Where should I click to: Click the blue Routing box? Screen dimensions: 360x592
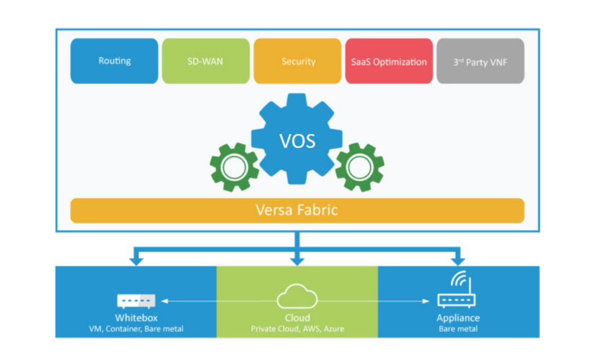[x=114, y=61]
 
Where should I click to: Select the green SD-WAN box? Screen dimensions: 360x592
[x=206, y=61]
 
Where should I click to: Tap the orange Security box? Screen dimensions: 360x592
[x=297, y=61]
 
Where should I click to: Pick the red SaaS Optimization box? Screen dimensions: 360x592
[x=389, y=61]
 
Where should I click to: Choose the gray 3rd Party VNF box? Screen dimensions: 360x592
[x=480, y=61]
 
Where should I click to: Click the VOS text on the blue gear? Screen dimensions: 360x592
[x=298, y=140]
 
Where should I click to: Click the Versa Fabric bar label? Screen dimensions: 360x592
[x=297, y=210]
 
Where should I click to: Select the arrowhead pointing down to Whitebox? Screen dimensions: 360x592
[x=136, y=260]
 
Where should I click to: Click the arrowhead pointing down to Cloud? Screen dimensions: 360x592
[x=297, y=260]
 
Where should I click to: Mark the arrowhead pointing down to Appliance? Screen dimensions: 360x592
[x=458, y=260]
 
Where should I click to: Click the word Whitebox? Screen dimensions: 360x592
[x=135, y=318]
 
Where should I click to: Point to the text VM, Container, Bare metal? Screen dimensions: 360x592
[x=136, y=328]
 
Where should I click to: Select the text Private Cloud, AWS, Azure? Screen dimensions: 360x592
[x=297, y=328]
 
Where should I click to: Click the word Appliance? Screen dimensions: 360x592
[x=458, y=318]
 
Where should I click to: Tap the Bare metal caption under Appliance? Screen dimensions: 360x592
[x=458, y=328]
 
